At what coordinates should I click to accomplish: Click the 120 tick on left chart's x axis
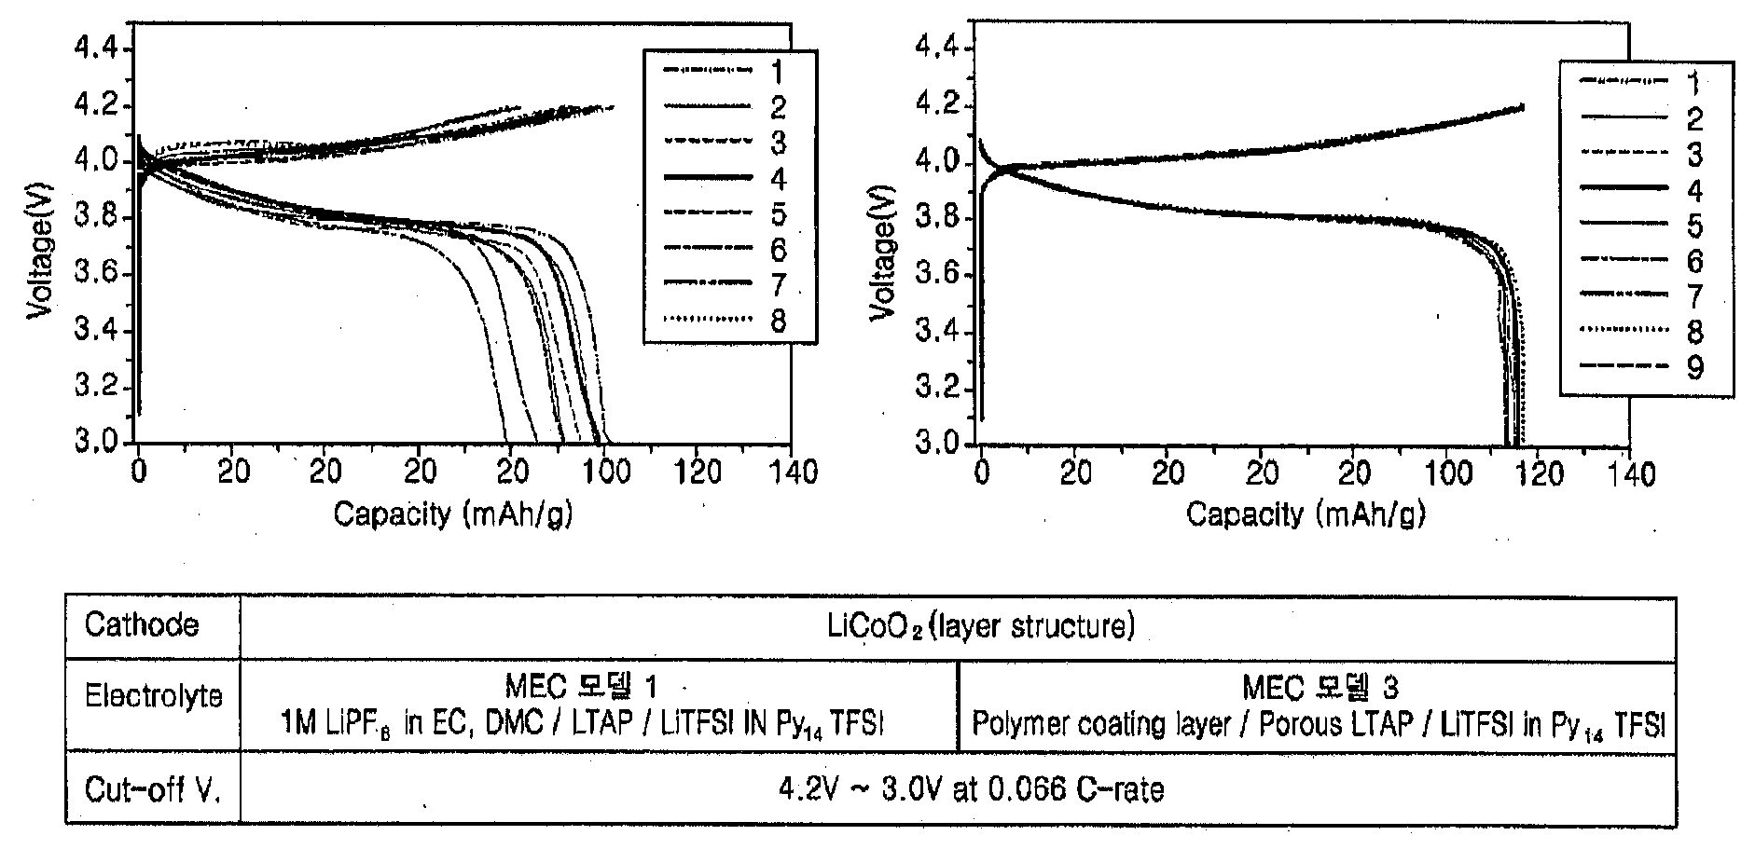pos(698,472)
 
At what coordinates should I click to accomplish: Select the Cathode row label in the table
pos(142,624)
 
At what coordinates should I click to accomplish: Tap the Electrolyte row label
pos(154,695)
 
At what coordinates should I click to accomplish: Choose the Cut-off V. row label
pos(153,790)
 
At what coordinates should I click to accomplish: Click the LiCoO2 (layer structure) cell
pos(981,626)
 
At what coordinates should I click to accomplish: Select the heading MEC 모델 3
pos(1320,688)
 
